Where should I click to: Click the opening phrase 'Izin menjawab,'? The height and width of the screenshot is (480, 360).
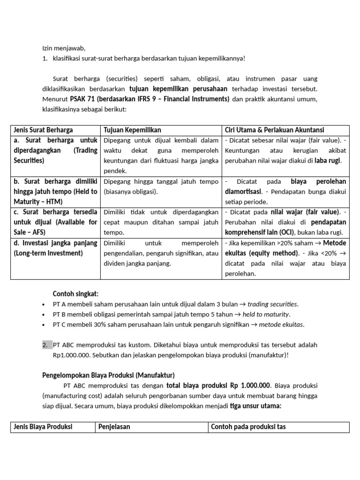(64, 48)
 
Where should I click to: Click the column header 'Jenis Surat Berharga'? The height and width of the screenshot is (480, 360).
(43, 130)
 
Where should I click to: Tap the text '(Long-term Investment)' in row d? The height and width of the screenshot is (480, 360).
(48, 253)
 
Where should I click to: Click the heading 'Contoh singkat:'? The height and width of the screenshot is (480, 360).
(75, 293)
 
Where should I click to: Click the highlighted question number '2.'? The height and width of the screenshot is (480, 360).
(45, 345)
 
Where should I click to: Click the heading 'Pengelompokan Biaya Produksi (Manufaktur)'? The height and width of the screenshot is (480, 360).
(108, 375)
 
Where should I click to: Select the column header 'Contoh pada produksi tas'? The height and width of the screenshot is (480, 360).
(248, 427)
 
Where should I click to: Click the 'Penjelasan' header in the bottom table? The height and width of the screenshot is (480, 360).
(114, 427)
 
